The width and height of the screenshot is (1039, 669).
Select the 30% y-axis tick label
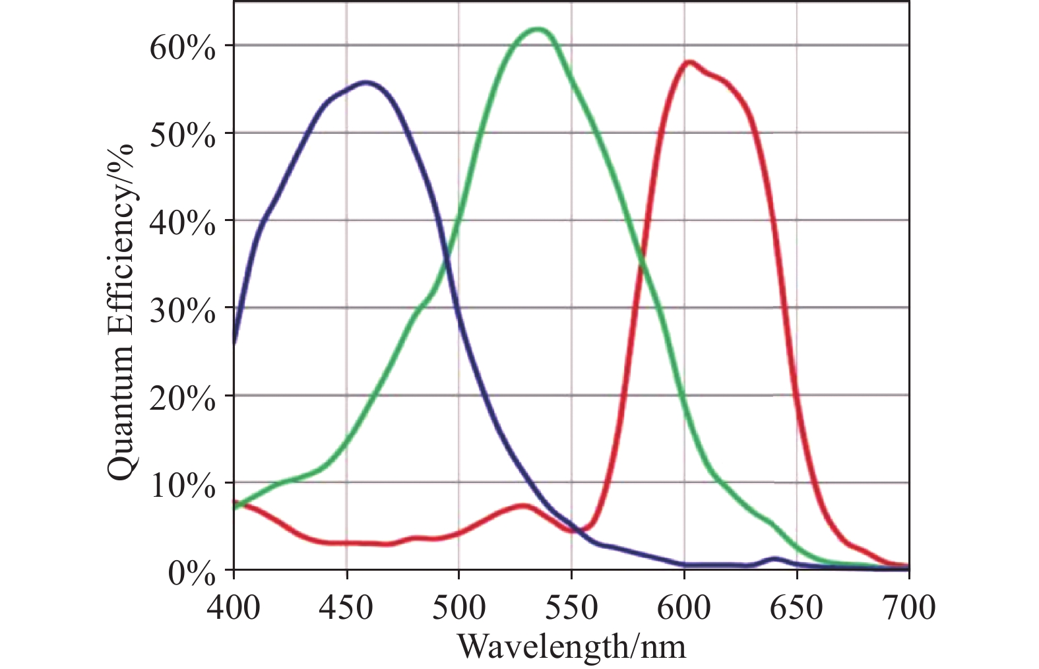(x=182, y=312)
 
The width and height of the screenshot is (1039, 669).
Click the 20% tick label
(x=182, y=400)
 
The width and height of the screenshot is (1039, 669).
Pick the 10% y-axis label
(x=182, y=488)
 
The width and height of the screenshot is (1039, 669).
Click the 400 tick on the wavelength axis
(x=234, y=608)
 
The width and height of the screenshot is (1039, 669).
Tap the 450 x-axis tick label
(x=346, y=608)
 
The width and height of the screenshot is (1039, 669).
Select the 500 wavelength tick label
(x=459, y=608)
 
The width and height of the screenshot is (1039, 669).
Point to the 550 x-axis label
(x=571, y=608)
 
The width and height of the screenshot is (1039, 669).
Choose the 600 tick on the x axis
(x=684, y=608)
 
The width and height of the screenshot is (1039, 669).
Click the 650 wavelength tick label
(x=797, y=608)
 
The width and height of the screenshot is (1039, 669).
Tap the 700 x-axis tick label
(x=909, y=608)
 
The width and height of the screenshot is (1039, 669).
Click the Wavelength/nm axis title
(x=571, y=646)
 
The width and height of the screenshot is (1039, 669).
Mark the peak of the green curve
(x=539, y=29)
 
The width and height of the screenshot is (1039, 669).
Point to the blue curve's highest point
(x=367, y=82)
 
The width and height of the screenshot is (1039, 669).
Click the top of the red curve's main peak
(x=689, y=63)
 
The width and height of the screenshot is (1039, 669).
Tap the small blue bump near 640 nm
(x=775, y=559)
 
